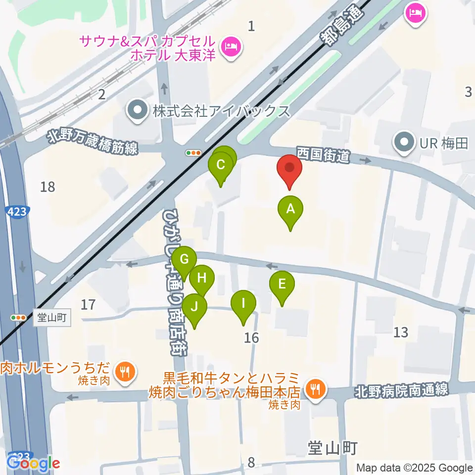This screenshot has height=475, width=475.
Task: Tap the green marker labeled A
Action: tap(290, 210)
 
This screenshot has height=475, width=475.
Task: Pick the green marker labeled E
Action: tap(282, 285)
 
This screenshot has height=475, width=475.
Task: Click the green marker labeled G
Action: tap(184, 260)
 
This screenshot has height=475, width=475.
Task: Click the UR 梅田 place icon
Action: tap(404, 144)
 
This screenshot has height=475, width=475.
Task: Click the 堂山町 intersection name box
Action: tap(52, 317)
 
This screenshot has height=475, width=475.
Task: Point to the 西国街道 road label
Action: tap(323, 154)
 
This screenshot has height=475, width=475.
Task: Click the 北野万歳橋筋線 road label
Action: tap(93, 142)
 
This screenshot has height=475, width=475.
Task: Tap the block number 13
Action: tap(400, 332)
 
